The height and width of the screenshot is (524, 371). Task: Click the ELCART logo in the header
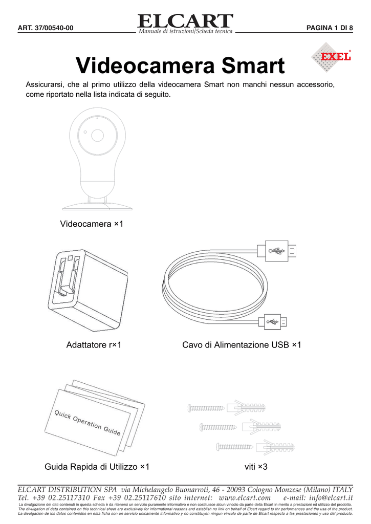185,22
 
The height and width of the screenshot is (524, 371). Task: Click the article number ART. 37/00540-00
46,28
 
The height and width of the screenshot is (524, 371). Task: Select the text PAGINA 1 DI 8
329,28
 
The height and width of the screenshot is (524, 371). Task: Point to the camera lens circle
97,135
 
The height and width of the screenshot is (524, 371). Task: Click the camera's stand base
97,206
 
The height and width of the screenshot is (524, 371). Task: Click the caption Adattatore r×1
94,345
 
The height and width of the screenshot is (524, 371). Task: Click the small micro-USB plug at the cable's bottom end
274,322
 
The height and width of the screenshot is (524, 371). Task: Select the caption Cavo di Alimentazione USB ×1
242,345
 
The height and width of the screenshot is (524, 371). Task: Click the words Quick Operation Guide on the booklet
88,422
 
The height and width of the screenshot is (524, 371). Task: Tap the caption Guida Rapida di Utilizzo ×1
97,467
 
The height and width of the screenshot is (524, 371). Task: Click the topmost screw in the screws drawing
206,408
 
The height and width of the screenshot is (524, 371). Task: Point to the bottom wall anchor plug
276,447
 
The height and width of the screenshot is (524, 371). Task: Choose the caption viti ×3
257,467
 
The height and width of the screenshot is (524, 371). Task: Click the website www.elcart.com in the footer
244,497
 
